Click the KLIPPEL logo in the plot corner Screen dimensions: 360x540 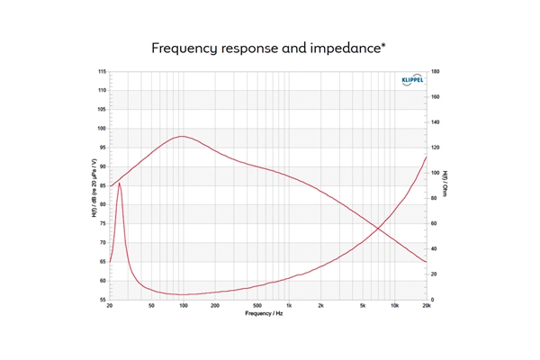coord(409,80)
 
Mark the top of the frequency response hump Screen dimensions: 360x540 coord(182,137)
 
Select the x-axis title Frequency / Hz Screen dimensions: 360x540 coord(267,315)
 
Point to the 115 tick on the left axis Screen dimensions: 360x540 coord(102,71)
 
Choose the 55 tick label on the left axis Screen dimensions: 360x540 coord(103,300)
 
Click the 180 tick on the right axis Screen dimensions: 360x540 coord(436,71)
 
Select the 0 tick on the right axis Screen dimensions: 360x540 coord(433,300)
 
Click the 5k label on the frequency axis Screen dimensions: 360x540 coord(363,307)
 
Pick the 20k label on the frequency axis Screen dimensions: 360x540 coord(427,307)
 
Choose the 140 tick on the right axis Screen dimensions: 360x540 coord(436,121)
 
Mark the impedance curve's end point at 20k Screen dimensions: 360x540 coord(427,157)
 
